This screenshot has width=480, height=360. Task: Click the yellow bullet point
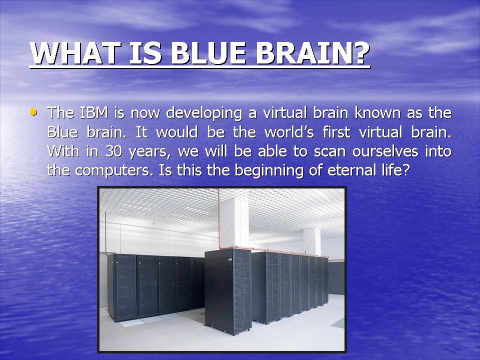click(x=33, y=112)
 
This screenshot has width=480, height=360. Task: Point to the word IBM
click(x=95, y=112)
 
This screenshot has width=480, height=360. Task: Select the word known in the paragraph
click(x=378, y=112)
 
